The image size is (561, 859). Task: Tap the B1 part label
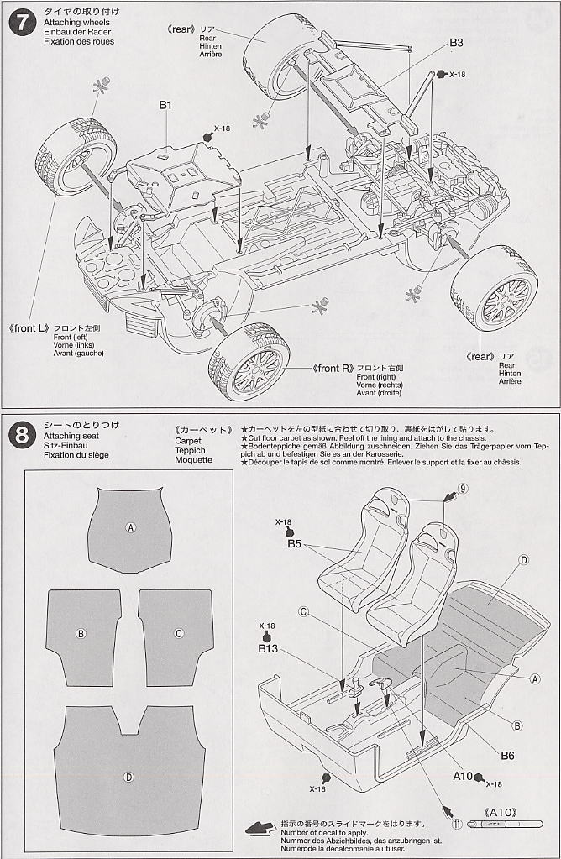(165, 105)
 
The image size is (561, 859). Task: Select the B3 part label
(456, 42)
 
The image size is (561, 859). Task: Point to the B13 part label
(268, 648)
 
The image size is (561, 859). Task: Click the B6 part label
(507, 755)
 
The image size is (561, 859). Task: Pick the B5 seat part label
(294, 543)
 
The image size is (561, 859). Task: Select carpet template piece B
(82, 634)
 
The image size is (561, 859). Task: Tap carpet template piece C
(179, 634)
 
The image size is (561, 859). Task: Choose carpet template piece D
(128, 776)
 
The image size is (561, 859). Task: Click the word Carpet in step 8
(189, 440)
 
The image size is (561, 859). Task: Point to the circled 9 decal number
(463, 489)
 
